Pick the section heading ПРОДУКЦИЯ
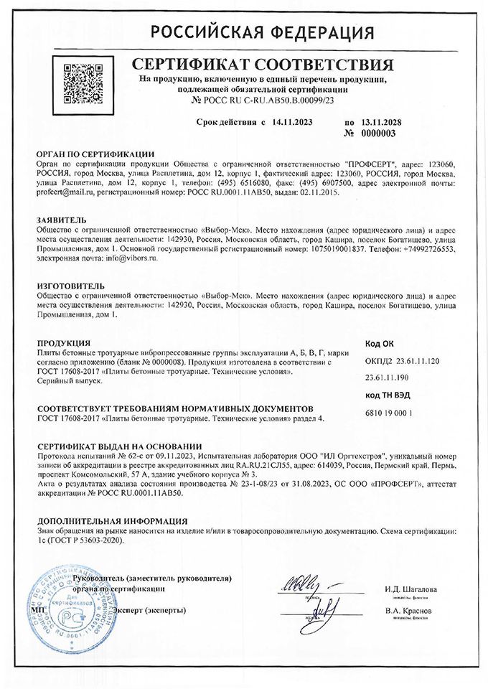coord(63,344)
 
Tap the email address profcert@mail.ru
coord(65,193)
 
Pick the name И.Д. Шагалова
coord(410,589)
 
